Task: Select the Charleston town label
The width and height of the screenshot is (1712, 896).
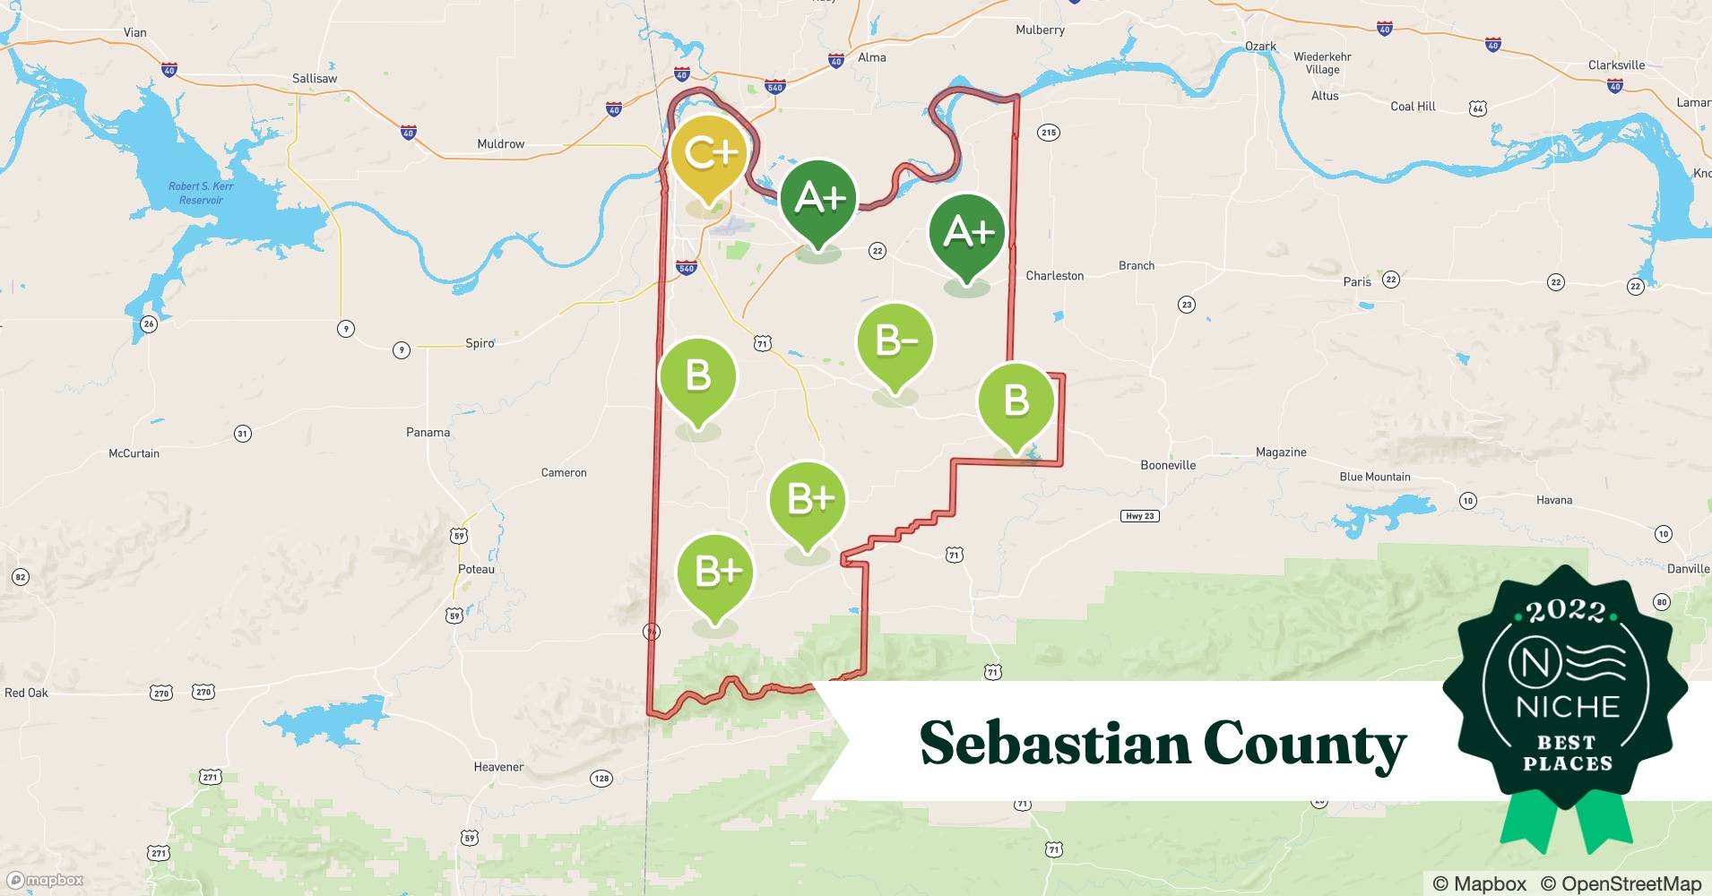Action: (1054, 276)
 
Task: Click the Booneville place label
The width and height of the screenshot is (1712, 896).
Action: (1167, 465)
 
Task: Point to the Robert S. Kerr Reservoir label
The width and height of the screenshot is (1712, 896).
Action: (201, 193)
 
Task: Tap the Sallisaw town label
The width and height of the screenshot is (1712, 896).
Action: (315, 79)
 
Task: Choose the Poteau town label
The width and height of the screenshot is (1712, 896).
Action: (476, 569)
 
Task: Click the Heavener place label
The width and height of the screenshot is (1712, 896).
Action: (498, 767)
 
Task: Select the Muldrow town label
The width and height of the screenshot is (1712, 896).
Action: (500, 144)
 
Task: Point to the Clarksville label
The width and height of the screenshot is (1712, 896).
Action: (1616, 65)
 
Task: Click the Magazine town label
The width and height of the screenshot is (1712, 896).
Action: (1280, 452)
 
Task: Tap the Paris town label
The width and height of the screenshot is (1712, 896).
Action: (1356, 281)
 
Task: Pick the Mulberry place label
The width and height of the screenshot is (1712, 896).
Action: (1040, 30)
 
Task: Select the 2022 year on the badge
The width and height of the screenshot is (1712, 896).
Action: (1566, 612)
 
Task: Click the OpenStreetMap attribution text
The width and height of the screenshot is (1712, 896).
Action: (1621, 883)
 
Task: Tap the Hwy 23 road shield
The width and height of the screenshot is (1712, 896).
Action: (1139, 516)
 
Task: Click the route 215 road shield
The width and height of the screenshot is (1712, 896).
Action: (1048, 133)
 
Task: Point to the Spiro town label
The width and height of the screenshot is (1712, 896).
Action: (480, 343)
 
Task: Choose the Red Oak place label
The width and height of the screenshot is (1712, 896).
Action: (27, 693)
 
